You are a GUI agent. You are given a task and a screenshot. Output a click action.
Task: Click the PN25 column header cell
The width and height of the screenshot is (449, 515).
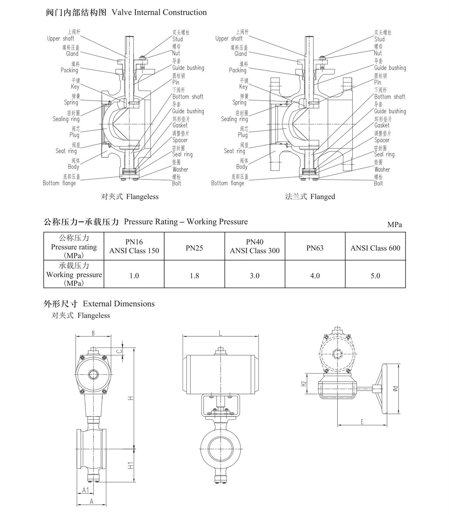pos(194,248)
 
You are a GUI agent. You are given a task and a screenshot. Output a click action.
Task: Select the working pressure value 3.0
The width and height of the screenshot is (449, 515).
pos(254,276)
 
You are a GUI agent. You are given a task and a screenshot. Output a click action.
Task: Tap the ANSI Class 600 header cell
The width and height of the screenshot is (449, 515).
pos(375,248)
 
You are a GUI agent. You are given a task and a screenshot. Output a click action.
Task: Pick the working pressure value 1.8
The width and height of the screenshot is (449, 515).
pos(194,276)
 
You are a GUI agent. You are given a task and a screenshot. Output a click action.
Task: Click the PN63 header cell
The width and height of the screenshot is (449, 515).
pos(315,248)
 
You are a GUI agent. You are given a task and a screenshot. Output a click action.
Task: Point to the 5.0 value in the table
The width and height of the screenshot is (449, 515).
pos(375,276)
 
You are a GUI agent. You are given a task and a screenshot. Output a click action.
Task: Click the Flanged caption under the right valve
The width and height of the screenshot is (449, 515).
pos(310,197)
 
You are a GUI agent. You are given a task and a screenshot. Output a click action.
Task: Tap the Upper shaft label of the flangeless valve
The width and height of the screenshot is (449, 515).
pos(60,38)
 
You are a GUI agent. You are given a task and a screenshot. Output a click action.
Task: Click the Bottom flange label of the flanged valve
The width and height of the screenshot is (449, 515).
pos(227,183)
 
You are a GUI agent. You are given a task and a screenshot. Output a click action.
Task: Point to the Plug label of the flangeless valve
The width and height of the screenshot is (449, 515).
pos(74,135)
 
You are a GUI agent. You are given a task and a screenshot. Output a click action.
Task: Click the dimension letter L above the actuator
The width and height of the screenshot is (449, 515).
pos(221,334)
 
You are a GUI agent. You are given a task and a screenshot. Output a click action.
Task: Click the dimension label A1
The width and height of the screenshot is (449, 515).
pos(86,490)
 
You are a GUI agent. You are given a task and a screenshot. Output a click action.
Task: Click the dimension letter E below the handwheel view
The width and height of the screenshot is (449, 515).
pos(362,422)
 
